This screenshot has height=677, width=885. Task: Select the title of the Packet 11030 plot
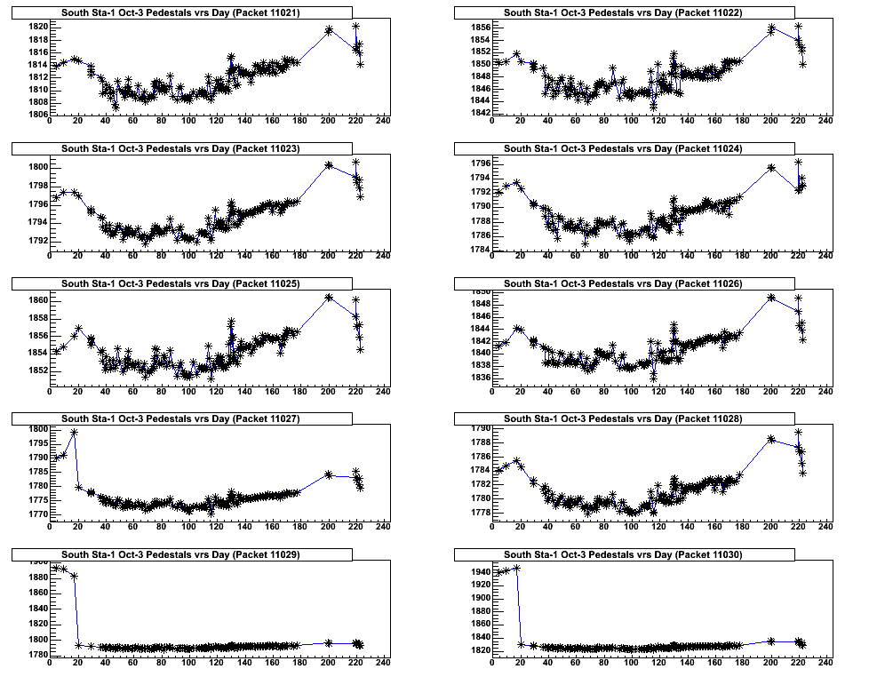(x=623, y=554)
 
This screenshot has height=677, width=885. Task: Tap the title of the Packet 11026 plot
(x=623, y=283)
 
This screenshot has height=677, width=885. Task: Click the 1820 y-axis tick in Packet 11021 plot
(x=36, y=27)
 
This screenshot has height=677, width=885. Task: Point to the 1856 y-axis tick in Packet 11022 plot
(x=478, y=28)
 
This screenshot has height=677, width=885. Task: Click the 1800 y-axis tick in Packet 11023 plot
(x=36, y=167)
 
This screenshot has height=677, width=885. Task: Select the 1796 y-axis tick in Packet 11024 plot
(x=478, y=163)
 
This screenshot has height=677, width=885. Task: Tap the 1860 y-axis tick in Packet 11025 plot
(x=36, y=300)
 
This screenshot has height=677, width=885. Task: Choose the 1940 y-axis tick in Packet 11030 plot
(x=478, y=572)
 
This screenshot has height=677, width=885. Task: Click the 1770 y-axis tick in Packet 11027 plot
(x=36, y=514)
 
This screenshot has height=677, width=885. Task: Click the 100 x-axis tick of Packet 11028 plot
(x=631, y=528)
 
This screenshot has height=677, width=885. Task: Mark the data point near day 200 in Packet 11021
(x=329, y=30)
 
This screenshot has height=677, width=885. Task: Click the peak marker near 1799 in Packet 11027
(x=74, y=432)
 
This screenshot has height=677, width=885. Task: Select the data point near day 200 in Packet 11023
(x=329, y=164)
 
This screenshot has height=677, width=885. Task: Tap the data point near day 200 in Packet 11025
(x=329, y=297)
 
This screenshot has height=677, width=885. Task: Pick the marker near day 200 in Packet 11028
(x=771, y=439)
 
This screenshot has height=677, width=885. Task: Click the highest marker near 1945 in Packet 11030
(x=516, y=569)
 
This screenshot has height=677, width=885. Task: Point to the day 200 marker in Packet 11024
(x=771, y=167)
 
